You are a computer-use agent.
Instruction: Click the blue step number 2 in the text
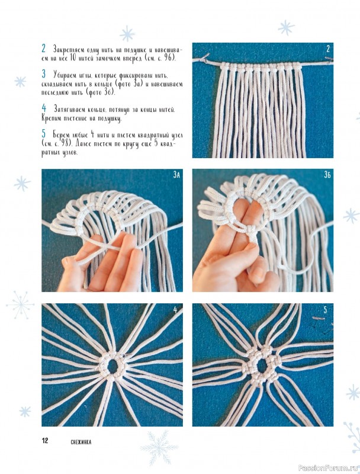(x=44, y=48)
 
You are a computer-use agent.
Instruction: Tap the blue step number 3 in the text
(x=44, y=73)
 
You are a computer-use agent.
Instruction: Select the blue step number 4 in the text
(x=44, y=108)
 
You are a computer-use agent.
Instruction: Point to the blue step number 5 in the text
(x=44, y=133)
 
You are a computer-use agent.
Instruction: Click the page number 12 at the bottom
(x=45, y=440)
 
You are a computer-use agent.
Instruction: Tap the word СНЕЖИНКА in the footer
(x=81, y=442)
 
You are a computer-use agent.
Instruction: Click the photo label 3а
(x=176, y=175)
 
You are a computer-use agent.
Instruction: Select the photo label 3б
(x=327, y=175)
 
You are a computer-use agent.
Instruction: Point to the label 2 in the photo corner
(x=328, y=49)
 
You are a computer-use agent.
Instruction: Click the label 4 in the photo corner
(x=175, y=310)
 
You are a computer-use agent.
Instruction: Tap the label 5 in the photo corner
(x=325, y=310)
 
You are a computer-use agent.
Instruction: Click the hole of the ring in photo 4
(x=112, y=366)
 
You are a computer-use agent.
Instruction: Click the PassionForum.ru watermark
(x=328, y=468)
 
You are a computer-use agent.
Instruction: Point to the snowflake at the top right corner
(x=286, y=28)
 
